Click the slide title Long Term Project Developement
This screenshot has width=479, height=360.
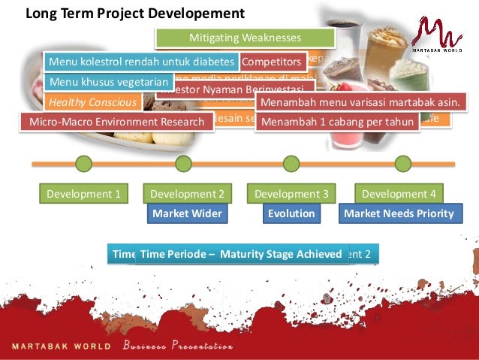tap(135, 13)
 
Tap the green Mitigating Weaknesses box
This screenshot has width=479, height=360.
tap(245, 38)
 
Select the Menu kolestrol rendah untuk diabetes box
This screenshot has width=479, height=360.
tap(142, 62)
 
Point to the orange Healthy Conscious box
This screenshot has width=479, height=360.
tap(92, 102)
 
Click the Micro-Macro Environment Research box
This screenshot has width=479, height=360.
tap(116, 122)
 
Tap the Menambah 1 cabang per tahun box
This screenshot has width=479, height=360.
tap(337, 122)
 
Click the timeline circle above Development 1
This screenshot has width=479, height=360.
tap(83, 163)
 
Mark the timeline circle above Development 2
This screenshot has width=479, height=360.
tap(182, 163)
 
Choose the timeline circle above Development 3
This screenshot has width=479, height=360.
tap(291, 163)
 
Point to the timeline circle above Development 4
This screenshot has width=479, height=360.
tap(402, 163)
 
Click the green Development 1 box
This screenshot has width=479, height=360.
tap(83, 193)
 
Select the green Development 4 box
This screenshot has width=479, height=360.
tap(398, 193)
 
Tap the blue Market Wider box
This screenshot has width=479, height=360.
tap(187, 213)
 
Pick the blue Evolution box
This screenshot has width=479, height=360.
tap(291, 213)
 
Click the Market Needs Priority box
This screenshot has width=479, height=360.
tap(398, 213)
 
